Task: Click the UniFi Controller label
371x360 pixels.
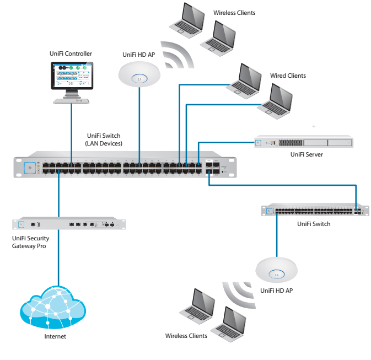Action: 70,53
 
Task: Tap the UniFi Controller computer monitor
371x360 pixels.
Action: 72,77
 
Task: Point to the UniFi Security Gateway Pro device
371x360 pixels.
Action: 69,224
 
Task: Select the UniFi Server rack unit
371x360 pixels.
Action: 303,143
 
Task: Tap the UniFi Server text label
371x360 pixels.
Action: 307,154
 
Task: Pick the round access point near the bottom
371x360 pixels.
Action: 277,271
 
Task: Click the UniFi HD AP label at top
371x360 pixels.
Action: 138,55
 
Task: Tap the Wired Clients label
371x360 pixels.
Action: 288,76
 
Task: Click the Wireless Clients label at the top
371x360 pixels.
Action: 234,12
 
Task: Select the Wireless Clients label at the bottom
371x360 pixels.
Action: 186,336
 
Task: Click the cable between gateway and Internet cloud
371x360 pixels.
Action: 58,259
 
